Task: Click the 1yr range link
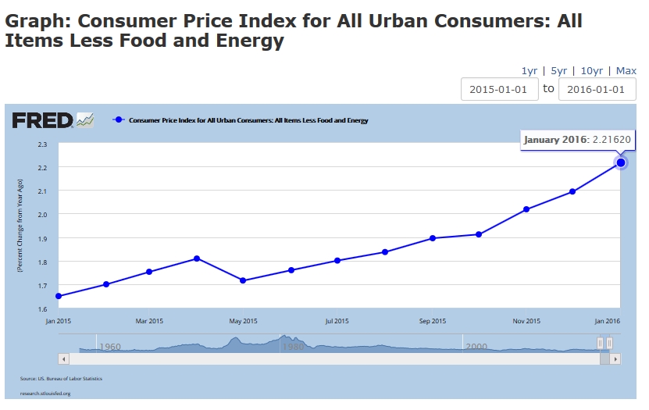529,70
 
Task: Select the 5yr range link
558,70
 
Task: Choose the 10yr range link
592,70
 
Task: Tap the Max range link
626,70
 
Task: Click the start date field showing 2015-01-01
499,89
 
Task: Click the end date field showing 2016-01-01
597,89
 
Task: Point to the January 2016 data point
621,162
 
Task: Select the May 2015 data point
244,280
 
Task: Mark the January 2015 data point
59,296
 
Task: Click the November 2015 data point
526,209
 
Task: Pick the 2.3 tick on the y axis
42,144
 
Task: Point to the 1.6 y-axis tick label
42,308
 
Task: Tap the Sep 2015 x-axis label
432,321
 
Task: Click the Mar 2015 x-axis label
149,321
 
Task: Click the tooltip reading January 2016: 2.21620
577,140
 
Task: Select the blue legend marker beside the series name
119,120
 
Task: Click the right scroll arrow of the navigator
615,358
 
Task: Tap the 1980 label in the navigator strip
293,346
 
